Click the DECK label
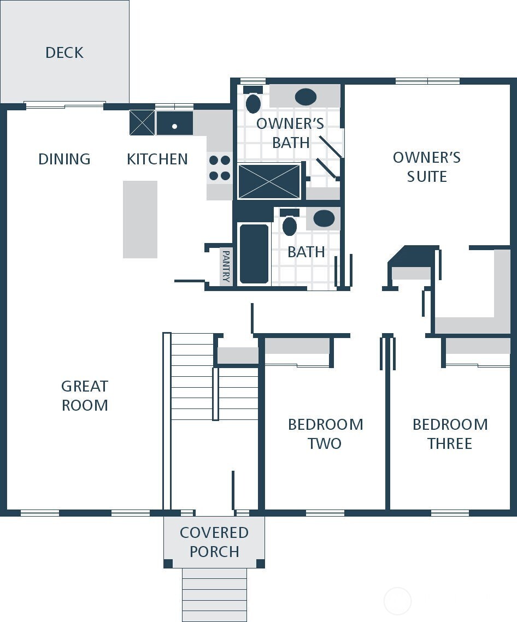pyautogui.click(x=64, y=52)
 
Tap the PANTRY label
pyautogui.click(x=226, y=265)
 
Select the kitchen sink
pyautogui.click(x=175, y=123)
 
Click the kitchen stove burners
pyautogui.click(x=219, y=168)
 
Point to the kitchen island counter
pyautogui.click(x=140, y=219)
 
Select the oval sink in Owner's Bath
pyautogui.click(x=305, y=97)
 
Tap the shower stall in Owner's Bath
pyautogui.click(x=269, y=182)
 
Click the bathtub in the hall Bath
pyautogui.click(x=254, y=253)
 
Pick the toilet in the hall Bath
pyautogui.click(x=290, y=223)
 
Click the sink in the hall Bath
pyautogui.click(x=324, y=218)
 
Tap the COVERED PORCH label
pyautogui.click(x=214, y=542)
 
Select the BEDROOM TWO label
pyautogui.click(x=325, y=434)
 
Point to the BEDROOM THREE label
pyautogui.click(x=450, y=434)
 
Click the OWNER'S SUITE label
pyautogui.click(x=427, y=167)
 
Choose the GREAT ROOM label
pyautogui.click(x=85, y=395)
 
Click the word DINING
pyautogui.click(x=64, y=159)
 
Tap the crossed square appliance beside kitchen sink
pyautogui.click(x=142, y=122)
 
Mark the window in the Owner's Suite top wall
pyautogui.click(x=427, y=81)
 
